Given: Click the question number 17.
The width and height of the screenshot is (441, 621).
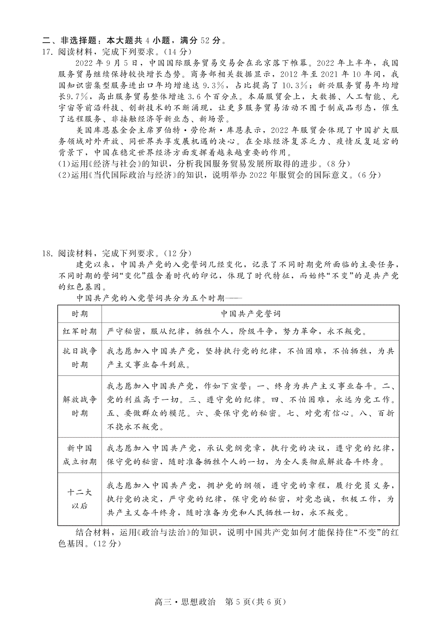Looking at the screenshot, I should tap(48, 52).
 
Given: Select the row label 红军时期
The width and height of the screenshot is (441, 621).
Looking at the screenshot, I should tap(80, 331).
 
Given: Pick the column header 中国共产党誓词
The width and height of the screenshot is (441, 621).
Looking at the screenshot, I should tap(250, 314).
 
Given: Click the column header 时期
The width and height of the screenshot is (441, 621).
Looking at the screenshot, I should tap(80, 314).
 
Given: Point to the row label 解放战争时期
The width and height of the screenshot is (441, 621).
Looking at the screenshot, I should tap(80, 406).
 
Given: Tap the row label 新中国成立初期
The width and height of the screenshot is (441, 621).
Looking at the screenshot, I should tap(80, 455).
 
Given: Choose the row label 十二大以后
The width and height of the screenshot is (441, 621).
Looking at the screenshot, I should tap(80, 499).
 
